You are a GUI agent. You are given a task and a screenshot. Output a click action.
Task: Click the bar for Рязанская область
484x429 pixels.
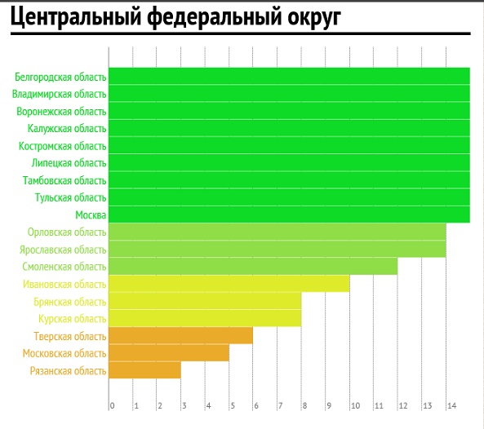click(x=144, y=370)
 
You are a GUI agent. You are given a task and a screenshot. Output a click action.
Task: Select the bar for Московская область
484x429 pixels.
click(x=169, y=353)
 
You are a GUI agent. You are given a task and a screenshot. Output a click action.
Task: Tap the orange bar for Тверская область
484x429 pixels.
click(x=181, y=335)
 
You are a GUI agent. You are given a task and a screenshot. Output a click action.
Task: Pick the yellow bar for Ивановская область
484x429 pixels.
click(x=229, y=284)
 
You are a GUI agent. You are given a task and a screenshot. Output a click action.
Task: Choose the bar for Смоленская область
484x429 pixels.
click(x=253, y=267)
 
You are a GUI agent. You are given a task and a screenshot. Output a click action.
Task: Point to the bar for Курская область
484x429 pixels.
click(x=205, y=318)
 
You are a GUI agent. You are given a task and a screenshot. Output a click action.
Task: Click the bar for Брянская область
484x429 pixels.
click(x=205, y=301)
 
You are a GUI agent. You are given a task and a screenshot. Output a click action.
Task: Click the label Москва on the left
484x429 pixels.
click(x=91, y=215)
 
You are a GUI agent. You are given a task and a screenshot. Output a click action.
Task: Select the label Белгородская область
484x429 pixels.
click(x=60, y=77)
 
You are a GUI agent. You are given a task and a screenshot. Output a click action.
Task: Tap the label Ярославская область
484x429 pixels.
click(x=63, y=250)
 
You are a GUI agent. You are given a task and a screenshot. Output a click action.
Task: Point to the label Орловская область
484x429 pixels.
click(x=67, y=232)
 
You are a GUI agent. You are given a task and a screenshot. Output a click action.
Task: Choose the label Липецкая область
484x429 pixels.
click(x=69, y=163)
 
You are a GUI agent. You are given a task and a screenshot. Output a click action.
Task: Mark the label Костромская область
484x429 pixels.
click(x=63, y=146)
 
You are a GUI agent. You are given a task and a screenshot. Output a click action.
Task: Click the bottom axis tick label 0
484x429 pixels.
click(x=112, y=405)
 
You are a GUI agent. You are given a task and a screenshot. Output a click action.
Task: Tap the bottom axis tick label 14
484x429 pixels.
click(x=451, y=405)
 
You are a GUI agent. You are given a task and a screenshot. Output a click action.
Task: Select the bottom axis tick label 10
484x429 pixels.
click(x=356, y=405)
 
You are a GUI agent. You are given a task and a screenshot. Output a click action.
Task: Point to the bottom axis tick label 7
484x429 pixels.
click(x=280, y=405)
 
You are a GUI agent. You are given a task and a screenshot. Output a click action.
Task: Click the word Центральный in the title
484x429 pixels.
click(x=76, y=16)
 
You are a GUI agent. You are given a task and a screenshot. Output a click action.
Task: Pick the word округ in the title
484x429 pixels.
click(x=314, y=17)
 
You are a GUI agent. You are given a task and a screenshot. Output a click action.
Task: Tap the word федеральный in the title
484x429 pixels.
click(x=215, y=16)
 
